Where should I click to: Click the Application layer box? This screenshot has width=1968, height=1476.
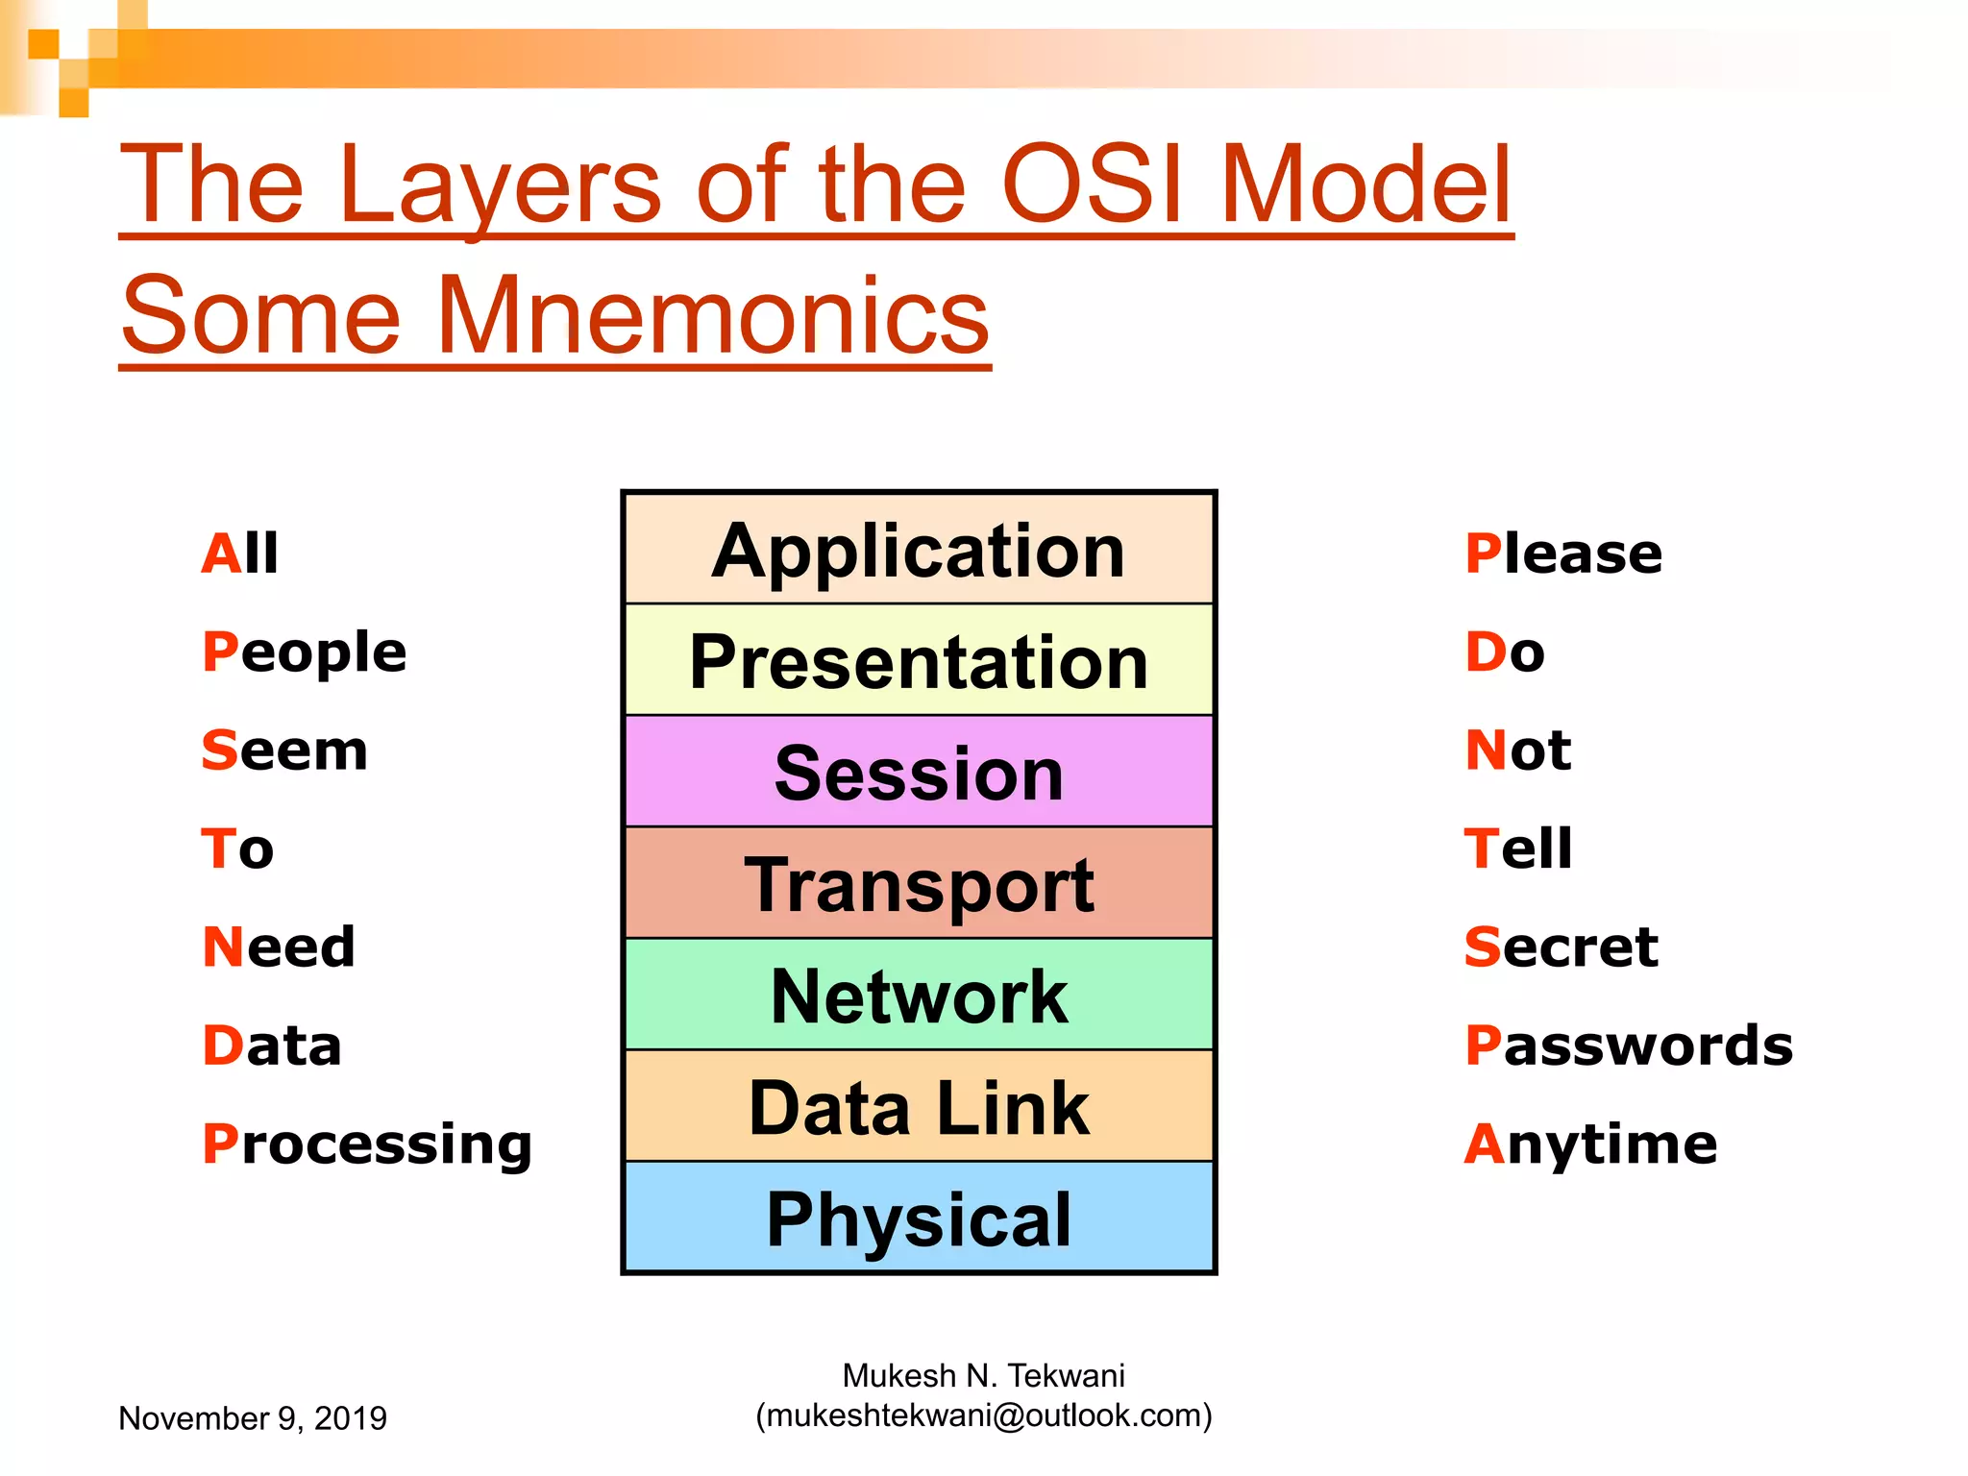click(919, 550)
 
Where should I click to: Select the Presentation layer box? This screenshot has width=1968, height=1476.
click(919, 661)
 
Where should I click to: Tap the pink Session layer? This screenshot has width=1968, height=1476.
click(919, 773)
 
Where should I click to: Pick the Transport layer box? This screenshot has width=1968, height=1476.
click(919, 884)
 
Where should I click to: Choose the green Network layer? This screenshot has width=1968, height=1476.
click(919, 996)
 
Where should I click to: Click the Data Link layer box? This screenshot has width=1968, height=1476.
click(919, 1107)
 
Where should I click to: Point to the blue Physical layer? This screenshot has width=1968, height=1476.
click(919, 1218)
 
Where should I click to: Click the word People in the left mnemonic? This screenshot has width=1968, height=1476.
click(305, 653)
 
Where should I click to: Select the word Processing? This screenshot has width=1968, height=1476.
click(367, 1145)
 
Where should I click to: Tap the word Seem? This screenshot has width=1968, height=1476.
click(284, 750)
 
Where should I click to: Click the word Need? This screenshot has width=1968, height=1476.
click(279, 947)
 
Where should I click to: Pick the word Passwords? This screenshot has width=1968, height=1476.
click(1629, 1045)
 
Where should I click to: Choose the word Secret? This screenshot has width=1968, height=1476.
click(1562, 947)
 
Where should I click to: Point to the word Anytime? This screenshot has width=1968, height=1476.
click(1590, 1145)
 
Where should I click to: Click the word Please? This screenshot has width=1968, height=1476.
click(1563, 554)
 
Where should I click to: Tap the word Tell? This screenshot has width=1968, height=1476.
click(1518, 849)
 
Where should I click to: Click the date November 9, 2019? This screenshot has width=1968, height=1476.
click(253, 1418)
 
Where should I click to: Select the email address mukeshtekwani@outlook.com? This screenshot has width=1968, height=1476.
click(984, 1415)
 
